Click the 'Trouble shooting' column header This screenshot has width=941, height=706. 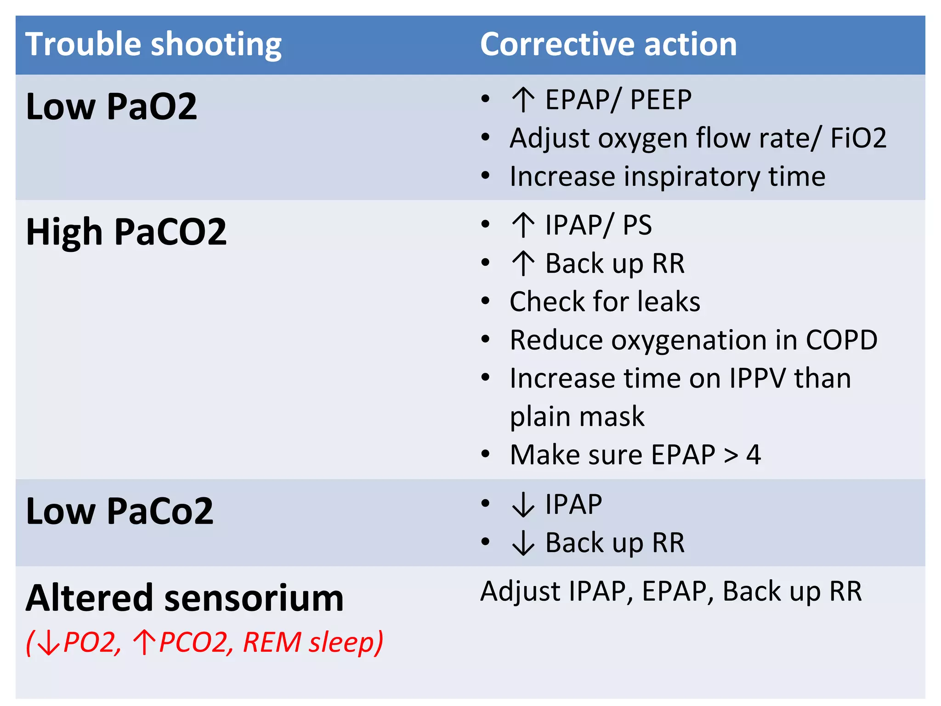[x=153, y=45]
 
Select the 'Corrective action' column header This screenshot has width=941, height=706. [x=608, y=45]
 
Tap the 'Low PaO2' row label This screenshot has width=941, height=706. [x=112, y=107]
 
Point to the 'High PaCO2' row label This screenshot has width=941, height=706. [x=126, y=232]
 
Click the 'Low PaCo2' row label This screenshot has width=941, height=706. [x=120, y=511]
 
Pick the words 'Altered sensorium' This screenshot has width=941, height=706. [x=185, y=598]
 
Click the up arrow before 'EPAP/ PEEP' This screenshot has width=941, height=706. [x=523, y=100]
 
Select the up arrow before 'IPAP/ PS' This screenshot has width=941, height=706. [x=523, y=225]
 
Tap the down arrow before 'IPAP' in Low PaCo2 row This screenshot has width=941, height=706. [x=523, y=505]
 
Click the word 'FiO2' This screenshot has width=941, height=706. [x=858, y=138]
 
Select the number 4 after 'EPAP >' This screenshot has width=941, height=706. [x=754, y=455]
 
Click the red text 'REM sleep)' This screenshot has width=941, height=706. [x=312, y=642]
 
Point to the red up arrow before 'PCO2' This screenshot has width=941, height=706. [x=144, y=642]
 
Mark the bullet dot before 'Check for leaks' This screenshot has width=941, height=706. [x=485, y=302]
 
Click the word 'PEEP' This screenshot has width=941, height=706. [x=660, y=100]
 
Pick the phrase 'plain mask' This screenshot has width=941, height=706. [x=577, y=417]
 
